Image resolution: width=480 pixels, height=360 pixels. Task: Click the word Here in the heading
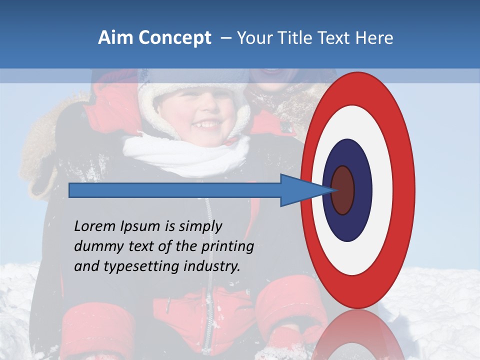[374, 38]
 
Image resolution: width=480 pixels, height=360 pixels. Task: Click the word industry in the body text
[212, 266]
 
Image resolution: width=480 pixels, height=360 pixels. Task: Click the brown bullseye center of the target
[343, 190]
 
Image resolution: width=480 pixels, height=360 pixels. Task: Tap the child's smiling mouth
[206, 122]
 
